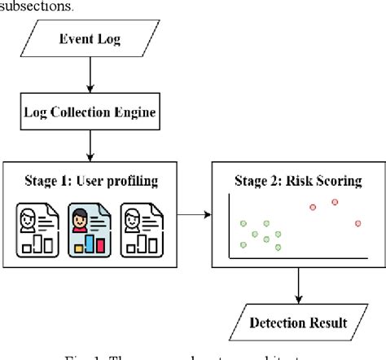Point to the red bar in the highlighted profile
point(99,245)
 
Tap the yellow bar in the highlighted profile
point(80,247)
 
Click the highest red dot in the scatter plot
point(334,202)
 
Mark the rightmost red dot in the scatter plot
point(358,223)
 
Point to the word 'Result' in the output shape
point(328,323)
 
